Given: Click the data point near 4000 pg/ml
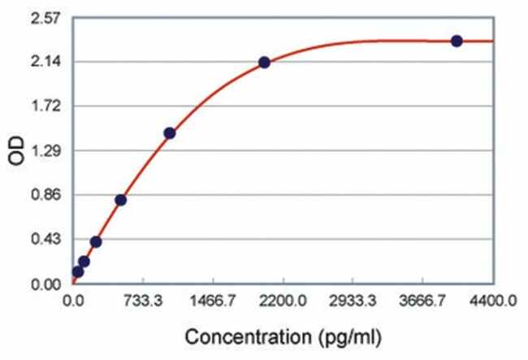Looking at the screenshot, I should coord(457,41).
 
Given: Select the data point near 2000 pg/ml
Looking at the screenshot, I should coord(264,63).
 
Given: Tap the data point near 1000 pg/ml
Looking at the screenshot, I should coord(169,132).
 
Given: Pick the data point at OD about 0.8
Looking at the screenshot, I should coord(120,200).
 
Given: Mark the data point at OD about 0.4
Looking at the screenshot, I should coord(96,241).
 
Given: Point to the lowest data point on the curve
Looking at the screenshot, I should coord(78,271).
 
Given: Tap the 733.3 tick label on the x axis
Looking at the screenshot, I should coord(143,301).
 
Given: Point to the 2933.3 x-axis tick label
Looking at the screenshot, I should coord(353,301).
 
